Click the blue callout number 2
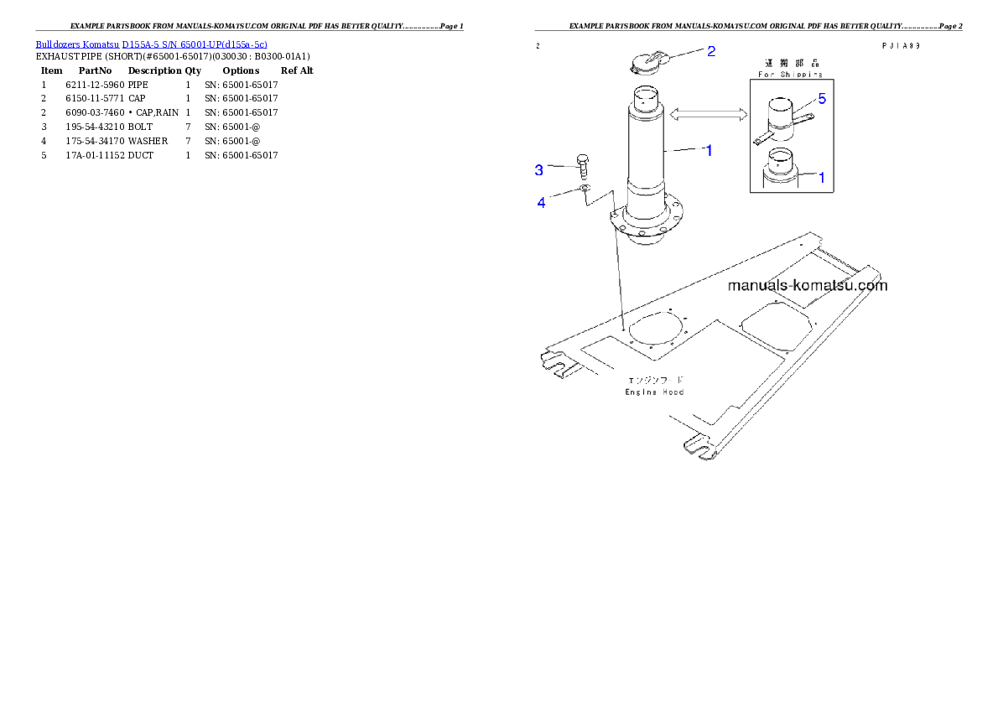pyautogui.click(x=711, y=51)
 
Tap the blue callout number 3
pyautogui.click(x=539, y=170)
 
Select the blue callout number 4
pyautogui.click(x=541, y=202)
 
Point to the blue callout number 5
pyautogui.click(x=822, y=99)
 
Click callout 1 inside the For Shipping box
pyautogui.click(x=822, y=177)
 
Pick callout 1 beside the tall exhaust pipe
pyautogui.click(x=709, y=151)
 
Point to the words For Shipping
pyautogui.click(x=791, y=75)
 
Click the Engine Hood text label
pyautogui.click(x=655, y=392)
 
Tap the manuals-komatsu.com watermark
pyautogui.click(x=807, y=285)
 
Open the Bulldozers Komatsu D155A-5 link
pyautogui.click(x=151, y=44)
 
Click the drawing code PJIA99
pyautogui.click(x=901, y=46)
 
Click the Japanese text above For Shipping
pyautogui.click(x=790, y=63)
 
